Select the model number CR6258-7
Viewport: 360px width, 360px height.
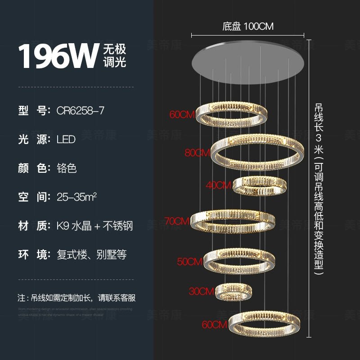pos(81,110)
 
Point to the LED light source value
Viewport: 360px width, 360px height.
pos(66,139)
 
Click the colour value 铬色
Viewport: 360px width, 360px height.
pos(67,168)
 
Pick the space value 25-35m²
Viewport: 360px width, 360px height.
pos(77,197)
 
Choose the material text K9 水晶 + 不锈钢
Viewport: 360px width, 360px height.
pos(94,226)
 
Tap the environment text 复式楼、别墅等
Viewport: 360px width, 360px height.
pos(91,255)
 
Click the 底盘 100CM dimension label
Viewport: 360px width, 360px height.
pos(248,27)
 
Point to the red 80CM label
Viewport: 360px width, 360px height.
pos(198,153)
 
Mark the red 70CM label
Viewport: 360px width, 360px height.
pos(176,221)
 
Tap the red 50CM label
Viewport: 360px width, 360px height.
pos(189,261)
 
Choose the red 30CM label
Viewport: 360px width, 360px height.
pos(201,292)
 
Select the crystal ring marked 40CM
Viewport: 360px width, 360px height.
pos(260,185)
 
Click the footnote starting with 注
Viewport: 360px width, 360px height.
pos(76,298)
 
